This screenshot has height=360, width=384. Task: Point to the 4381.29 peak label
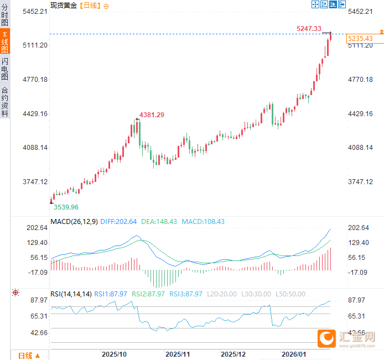(152, 114)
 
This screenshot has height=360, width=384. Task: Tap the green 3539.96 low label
(66, 207)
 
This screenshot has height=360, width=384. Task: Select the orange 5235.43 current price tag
(360, 39)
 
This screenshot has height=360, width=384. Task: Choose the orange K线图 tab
(5, 43)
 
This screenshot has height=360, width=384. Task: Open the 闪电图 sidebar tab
(5, 69)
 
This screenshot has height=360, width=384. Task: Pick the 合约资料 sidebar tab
(5, 102)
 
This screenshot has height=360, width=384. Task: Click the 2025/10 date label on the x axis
(115, 354)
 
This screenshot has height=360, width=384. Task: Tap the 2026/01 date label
(294, 354)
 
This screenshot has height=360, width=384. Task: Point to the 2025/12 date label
(233, 354)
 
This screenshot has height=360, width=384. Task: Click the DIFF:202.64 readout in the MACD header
(118, 221)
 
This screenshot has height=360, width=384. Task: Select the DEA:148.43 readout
(159, 221)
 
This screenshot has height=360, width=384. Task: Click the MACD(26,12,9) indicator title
(74, 221)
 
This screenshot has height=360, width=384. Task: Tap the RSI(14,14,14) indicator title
(71, 294)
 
